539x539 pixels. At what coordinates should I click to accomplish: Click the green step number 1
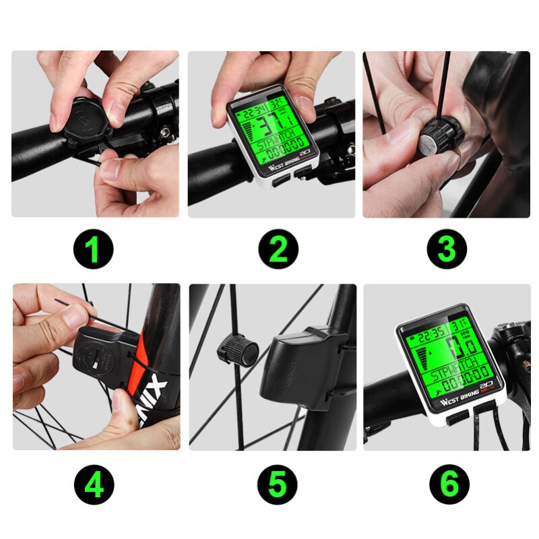94,250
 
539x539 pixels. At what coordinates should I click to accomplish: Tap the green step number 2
278,250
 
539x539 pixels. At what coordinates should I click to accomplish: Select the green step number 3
447,250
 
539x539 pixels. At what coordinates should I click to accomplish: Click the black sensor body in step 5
303,367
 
